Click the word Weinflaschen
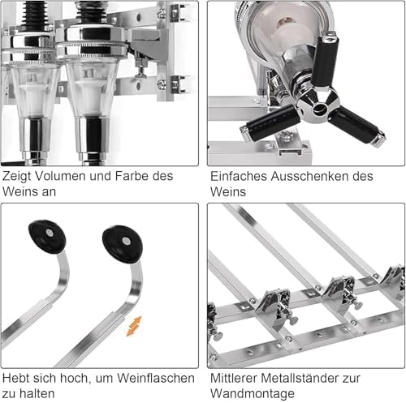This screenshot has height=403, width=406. (x=156, y=378)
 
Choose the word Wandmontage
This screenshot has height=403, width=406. (x=253, y=393)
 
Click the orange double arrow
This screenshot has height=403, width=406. (x=134, y=326)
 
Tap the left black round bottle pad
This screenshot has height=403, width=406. (x=47, y=237)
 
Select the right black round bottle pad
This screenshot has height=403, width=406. (x=123, y=244)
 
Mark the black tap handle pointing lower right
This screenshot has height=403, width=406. (x=357, y=126)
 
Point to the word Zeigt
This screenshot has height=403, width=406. (x=16, y=176)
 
